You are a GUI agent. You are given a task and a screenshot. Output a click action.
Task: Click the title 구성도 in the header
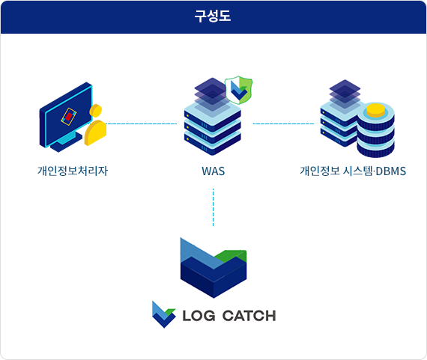tap(213, 16)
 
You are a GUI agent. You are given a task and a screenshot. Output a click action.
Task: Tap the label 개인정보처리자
tap(73, 171)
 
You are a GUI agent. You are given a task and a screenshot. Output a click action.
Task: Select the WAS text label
tap(213, 171)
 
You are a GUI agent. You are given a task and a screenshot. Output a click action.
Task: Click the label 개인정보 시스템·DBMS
tap(353, 171)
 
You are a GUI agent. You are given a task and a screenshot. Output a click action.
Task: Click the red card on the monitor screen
tap(69, 116)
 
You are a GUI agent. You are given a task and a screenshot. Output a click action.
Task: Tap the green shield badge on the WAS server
tap(239, 90)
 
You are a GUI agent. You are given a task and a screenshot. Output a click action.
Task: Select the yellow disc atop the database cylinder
tap(375, 110)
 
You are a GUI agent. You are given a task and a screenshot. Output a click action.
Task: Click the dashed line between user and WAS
tap(141, 123)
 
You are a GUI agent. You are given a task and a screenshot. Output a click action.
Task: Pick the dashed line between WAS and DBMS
tap(283, 123)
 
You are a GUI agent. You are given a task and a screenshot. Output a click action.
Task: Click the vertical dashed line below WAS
tap(213, 207)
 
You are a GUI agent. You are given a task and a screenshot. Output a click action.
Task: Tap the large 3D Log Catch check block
tap(213, 268)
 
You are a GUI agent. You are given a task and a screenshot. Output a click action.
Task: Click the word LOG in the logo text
tap(199, 316)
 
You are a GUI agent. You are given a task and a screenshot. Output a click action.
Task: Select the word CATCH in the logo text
tap(249, 316)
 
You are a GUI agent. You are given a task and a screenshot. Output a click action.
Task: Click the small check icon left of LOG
tap(163, 314)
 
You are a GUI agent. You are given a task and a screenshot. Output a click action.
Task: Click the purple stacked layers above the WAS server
tap(212, 94)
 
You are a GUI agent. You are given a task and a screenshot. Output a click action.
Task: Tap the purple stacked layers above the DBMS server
tap(345, 94)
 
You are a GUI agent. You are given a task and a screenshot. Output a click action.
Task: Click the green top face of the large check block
tap(231, 256)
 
